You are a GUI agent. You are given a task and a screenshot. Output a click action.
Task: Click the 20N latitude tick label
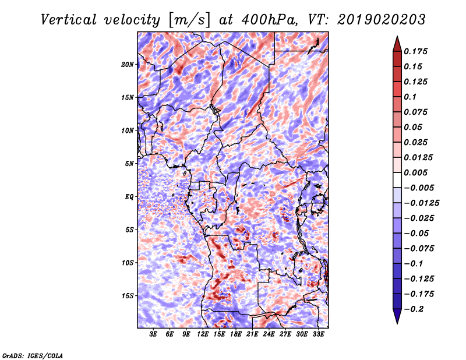tap(128, 65)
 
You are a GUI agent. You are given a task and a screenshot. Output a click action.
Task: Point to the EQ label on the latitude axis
tap(129, 197)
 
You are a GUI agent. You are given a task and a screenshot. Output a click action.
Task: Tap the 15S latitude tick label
tap(128, 296)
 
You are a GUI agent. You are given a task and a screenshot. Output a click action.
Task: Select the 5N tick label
tap(129, 164)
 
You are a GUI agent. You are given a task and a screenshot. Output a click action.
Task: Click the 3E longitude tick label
tap(153, 334)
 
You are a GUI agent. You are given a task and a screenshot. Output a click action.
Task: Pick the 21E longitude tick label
tap(252, 334)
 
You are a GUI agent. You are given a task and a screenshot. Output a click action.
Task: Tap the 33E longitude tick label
tap(318, 334)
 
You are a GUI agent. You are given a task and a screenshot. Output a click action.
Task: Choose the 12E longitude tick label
tap(202, 334)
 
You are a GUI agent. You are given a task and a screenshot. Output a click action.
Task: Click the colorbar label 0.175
tap(415, 51)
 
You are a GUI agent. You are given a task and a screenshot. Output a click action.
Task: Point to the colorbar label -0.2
tap(414, 309)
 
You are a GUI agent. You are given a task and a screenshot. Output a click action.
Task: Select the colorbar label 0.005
tap(415, 172)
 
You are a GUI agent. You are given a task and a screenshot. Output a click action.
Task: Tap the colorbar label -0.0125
tap(421, 203)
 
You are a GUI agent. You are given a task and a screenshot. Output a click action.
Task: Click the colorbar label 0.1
tap(410, 97)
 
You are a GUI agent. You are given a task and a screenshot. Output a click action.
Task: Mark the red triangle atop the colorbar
tap(397, 44)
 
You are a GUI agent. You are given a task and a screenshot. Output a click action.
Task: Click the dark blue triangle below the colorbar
tap(397, 316)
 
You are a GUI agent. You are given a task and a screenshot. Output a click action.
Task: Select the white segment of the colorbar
tap(397, 180)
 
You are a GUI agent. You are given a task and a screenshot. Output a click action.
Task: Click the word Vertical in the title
tap(69, 20)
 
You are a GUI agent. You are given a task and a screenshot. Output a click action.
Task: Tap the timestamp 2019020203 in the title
tap(382, 20)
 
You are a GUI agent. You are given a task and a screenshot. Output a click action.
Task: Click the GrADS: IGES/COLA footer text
tap(33, 355)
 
